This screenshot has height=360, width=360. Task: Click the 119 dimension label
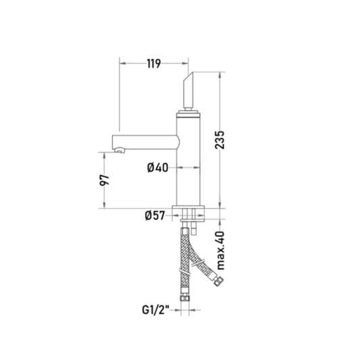(153, 63)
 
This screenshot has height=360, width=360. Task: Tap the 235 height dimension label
(220, 140)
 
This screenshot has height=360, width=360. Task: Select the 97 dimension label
(104, 180)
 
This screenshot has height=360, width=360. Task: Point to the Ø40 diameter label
(157, 168)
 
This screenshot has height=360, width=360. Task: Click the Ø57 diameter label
(155, 215)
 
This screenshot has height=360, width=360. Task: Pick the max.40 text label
(220, 251)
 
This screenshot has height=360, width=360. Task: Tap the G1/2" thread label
(155, 310)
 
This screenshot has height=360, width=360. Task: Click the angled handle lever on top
(188, 91)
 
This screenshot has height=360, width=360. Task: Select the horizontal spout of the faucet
(145, 143)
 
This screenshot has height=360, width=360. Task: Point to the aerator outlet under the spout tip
(120, 151)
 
